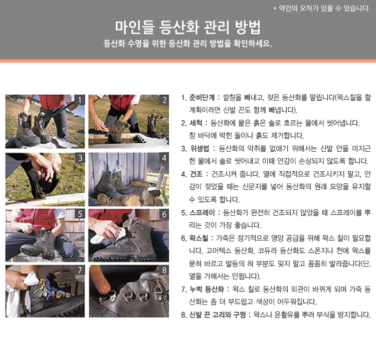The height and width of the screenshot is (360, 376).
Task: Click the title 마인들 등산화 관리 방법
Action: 188,28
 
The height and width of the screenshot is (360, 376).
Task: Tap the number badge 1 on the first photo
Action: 80,100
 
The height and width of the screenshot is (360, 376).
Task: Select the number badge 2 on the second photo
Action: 164,100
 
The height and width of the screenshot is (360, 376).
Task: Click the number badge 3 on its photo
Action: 80,158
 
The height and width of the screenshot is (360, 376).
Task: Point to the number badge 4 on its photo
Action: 164,158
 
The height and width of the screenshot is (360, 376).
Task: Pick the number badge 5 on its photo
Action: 80,214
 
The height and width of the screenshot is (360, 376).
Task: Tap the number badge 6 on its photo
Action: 164,214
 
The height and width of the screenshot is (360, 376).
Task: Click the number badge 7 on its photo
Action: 80,270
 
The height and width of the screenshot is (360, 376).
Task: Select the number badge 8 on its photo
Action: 164,270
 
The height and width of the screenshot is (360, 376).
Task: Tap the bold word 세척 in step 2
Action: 196,123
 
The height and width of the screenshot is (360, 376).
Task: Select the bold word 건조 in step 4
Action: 196,174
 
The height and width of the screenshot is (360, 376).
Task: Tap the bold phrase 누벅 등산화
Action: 207,289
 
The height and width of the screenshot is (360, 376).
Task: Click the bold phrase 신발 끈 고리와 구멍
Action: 218,315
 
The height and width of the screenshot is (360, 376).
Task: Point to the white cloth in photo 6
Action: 109,236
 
